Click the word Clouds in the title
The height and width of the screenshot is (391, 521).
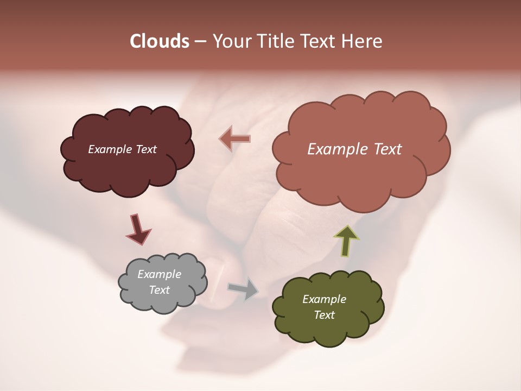[159, 41]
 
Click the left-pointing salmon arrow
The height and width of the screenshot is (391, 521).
[235, 138]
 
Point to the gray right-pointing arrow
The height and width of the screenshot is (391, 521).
[243, 289]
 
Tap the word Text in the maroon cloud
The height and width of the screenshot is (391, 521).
[145, 149]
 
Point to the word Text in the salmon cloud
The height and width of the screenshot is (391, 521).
[387, 149]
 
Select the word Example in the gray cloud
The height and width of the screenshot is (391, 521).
[159, 274]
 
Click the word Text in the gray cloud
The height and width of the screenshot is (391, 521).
[159, 290]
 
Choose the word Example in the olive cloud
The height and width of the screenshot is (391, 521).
[324, 299]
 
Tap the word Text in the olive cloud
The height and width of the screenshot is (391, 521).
[324, 315]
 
